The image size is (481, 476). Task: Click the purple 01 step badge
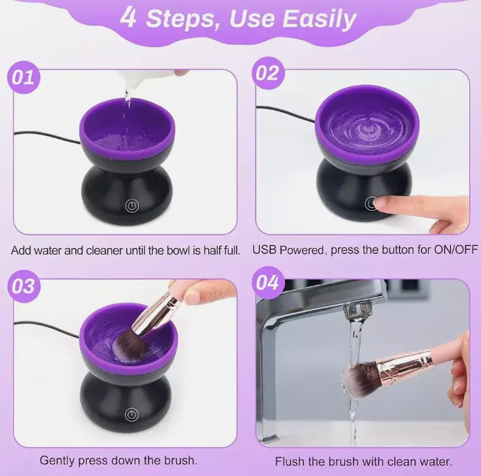point(23,78)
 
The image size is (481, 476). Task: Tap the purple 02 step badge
point(268,73)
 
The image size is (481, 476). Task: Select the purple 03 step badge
point(23,286)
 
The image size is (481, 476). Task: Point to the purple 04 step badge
point(268,283)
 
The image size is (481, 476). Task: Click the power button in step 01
point(132,205)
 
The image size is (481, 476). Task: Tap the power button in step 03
point(132,415)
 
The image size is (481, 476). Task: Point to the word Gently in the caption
point(57,460)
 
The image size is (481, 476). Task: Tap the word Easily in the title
point(319,19)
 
